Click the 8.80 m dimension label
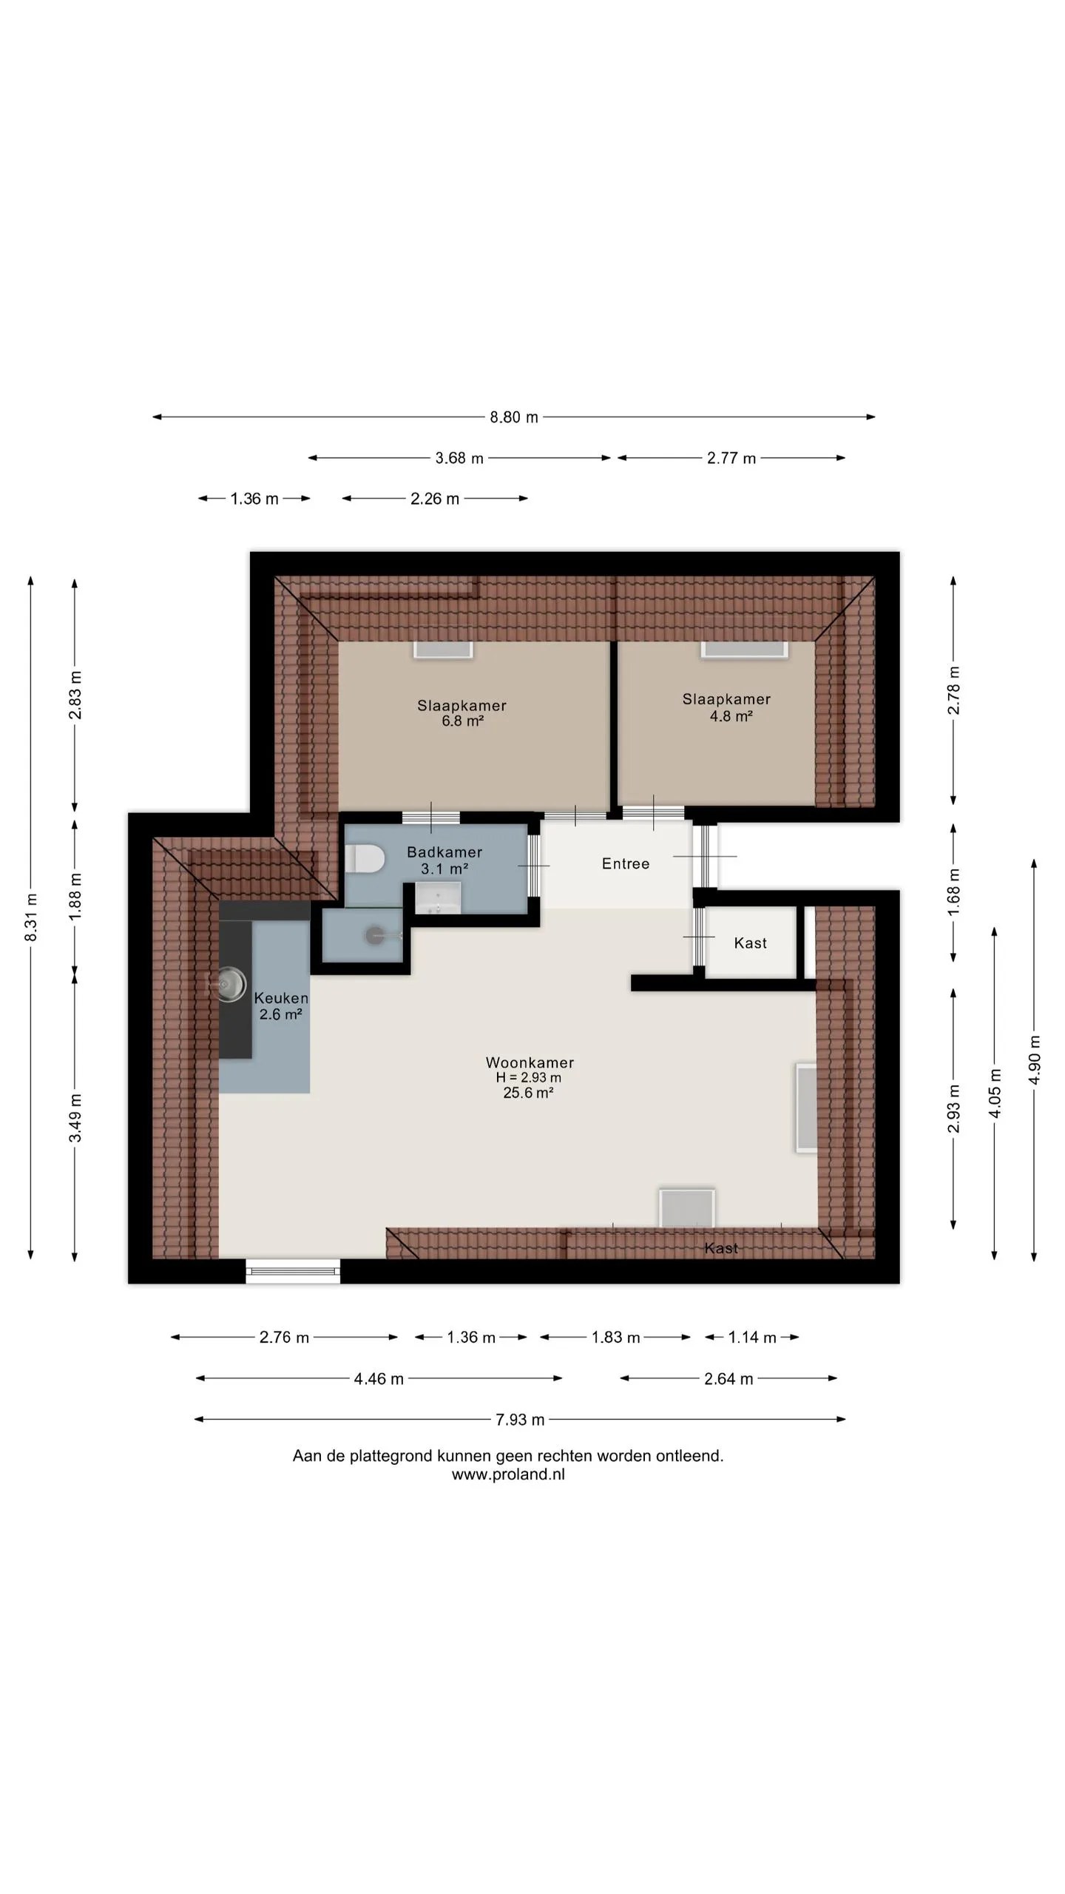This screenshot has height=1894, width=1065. (x=514, y=417)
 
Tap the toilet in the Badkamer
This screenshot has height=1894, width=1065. (x=365, y=859)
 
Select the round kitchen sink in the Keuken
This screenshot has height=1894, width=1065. (x=231, y=984)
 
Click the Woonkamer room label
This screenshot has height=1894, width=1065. (x=530, y=1062)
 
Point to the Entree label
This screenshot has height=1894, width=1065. (x=626, y=863)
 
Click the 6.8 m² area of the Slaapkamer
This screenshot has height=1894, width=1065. (x=463, y=721)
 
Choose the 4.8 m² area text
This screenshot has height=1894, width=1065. (x=731, y=715)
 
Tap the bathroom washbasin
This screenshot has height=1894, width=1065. (x=438, y=900)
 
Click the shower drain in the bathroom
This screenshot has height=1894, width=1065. (x=375, y=935)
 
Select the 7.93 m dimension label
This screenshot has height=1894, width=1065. (x=520, y=1420)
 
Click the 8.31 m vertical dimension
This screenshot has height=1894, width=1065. (x=31, y=917)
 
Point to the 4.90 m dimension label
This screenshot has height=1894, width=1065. (x=1034, y=1059)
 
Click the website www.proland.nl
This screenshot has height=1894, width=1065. (x=508, y=1475)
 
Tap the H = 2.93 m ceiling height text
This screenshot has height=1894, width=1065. (x=529, y=1078)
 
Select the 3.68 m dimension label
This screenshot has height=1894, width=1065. (x=459, y=459)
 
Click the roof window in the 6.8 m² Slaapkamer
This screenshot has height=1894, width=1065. (x=443, y=649)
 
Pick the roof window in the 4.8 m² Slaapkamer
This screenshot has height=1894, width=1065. (x=744, y=648)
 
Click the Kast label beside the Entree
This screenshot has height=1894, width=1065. (x=750, y=943)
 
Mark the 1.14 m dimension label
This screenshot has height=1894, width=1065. (x=752, y=1338)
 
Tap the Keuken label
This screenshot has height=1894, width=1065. (x=281, y=998)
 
